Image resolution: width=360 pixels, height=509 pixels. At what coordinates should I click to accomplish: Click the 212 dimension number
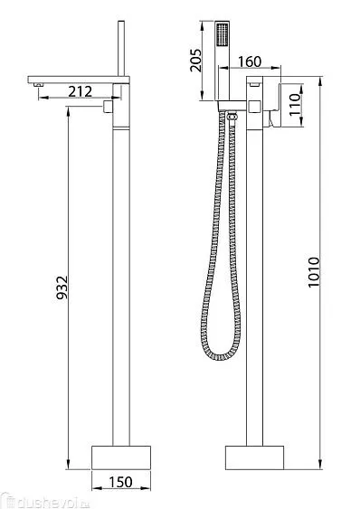81,91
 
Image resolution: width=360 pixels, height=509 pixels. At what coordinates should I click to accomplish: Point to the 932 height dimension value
62,287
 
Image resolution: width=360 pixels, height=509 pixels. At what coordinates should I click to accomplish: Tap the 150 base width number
120,482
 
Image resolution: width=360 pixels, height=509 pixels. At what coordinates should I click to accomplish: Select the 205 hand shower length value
196,60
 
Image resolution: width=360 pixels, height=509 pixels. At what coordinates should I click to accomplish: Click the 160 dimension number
250,61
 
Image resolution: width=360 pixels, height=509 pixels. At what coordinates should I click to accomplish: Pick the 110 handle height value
295,104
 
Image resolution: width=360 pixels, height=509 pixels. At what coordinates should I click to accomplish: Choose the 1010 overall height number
314,272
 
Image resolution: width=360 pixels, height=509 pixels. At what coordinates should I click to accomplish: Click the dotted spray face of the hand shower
223,34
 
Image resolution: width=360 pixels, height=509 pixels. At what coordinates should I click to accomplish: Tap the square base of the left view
121,457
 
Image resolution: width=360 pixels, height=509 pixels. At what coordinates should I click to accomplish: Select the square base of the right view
255,457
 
